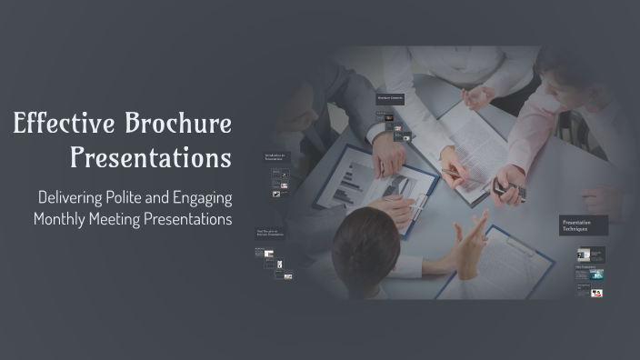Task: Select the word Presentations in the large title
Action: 150,159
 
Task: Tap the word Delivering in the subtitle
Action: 75,197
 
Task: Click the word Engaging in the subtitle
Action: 205,197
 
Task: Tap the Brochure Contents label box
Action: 390,98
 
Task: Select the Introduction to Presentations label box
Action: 276,159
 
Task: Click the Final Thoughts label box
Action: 270,234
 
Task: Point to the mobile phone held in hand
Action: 508,189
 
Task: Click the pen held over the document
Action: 452,172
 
